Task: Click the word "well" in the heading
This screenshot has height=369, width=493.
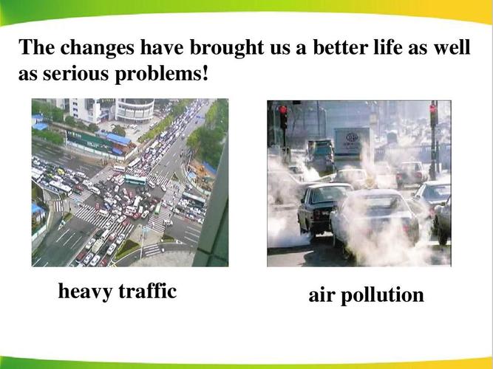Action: tap(451, 49)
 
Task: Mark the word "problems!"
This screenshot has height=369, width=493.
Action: tap(164, 75)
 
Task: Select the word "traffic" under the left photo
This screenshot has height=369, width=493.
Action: tap(148, 292)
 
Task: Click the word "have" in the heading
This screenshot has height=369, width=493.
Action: tap(163, 49)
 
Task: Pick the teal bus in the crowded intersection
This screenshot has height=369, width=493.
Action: tap(135, 179)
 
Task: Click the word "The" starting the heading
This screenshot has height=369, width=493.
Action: tap(35, 49)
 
